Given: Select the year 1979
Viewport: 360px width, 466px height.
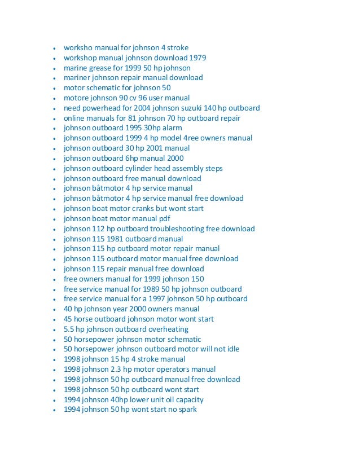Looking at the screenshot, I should click(x=197, y=58).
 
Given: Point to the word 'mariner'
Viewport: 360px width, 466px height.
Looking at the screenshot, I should click(x=77, y=77).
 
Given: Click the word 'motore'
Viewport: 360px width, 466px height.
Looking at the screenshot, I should click(x=76, y=98).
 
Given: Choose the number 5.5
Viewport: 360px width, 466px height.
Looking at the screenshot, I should click(x=69, y=329).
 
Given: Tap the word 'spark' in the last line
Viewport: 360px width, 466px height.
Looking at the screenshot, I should click(x=186, y=410).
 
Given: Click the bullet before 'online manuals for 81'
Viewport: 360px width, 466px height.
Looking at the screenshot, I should click(x=53, y=118).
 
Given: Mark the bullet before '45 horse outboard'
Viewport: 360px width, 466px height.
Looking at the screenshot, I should click(x=53, y=319).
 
